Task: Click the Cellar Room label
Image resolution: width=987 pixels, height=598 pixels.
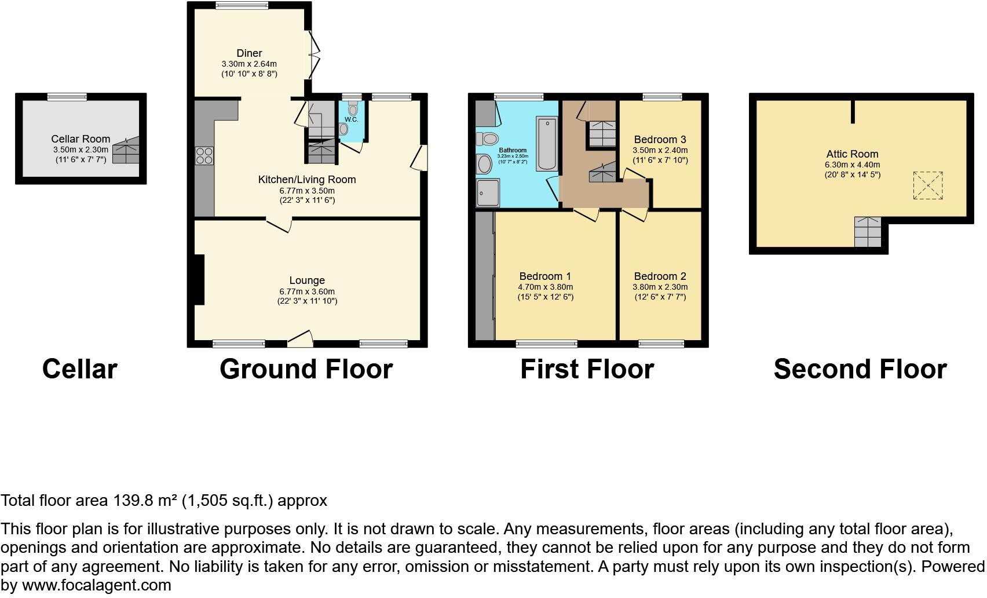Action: pos(81,139)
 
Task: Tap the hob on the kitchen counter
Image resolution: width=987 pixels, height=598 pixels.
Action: pos(204,156)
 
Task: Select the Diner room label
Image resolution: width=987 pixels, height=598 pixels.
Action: pos(249,53)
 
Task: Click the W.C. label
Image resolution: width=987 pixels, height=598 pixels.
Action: pos(351,120)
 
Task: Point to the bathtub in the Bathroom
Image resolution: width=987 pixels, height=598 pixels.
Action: pos(546,143)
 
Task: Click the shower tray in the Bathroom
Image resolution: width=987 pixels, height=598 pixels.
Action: pos(488,192)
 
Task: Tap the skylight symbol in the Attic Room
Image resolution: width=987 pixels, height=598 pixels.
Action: pos(928,185)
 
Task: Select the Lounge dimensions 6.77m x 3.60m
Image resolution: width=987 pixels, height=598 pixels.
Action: pos(307,291)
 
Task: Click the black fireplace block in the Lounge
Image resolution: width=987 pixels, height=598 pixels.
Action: pos(199,280)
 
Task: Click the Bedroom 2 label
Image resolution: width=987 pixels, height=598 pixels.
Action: pos(660,276)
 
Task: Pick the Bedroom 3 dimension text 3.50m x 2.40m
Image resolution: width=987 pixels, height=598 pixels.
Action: pos(660,150)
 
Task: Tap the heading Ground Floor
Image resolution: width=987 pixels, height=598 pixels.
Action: pos(306,369)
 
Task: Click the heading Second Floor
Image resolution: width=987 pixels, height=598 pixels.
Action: pos(860,369)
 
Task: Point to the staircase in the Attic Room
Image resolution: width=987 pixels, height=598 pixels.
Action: pos(868,232)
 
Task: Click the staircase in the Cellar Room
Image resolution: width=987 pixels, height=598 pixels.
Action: pos(126,151)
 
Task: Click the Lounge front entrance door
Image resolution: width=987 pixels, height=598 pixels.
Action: pos(301,339)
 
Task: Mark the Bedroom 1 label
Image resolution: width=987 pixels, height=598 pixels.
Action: pos(545,276)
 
